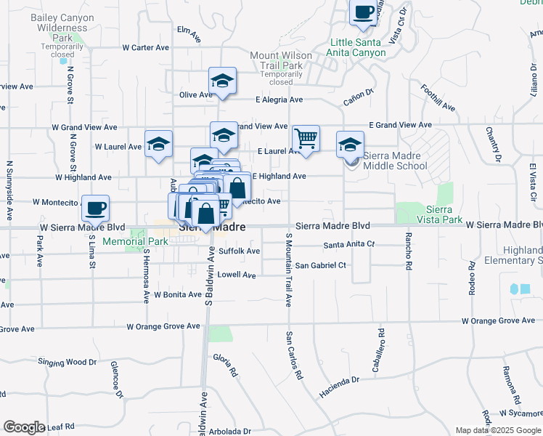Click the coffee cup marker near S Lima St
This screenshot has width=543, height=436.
coord(95,209)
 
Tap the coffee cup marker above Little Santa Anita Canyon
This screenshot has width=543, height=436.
coord(363,12)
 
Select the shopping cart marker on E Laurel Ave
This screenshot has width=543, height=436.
coord(306,137)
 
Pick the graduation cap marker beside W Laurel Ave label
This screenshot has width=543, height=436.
coord(158,143)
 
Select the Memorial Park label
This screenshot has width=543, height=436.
coord(135,241)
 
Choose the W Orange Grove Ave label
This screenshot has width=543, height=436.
coord(163,327)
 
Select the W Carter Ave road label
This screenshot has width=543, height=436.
coord(145,47)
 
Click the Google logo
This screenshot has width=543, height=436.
coord(24,427)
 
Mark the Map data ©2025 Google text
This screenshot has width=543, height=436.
coord(498,430)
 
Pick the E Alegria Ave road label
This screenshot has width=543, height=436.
coord(279,100)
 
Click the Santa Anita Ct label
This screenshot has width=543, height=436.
coord(349,244)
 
